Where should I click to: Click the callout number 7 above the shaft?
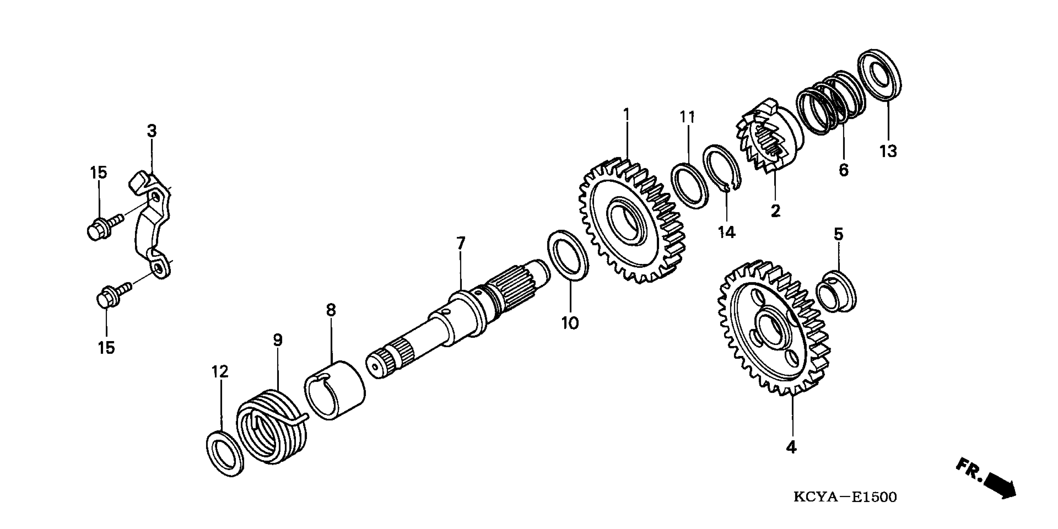tap(461, 244)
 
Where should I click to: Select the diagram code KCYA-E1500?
tap(845, 497)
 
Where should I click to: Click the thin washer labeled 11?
tap(690, 185)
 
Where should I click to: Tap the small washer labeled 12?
tap(224, 454)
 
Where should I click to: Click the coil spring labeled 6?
tap(830, 103)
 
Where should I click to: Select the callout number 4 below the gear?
tap(791, 447)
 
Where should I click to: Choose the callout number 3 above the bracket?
tap(152, 131)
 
